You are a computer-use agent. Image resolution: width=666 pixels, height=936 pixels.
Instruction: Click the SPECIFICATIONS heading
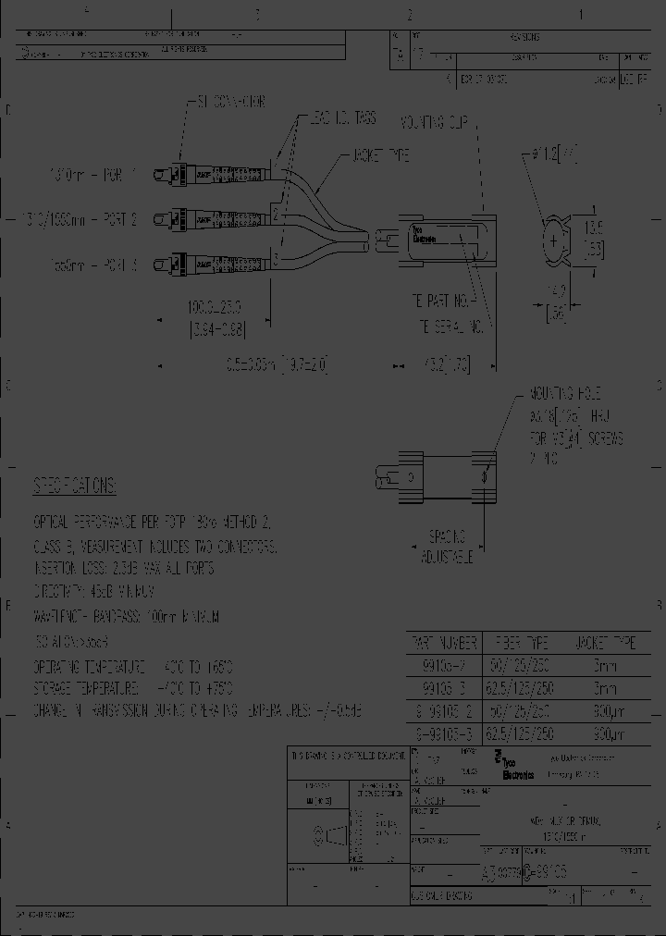75,486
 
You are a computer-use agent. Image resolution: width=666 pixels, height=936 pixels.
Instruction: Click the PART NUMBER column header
443,643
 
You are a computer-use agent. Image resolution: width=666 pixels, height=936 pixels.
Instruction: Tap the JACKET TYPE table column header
605,643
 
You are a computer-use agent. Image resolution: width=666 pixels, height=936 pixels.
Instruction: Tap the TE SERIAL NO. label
450,326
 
